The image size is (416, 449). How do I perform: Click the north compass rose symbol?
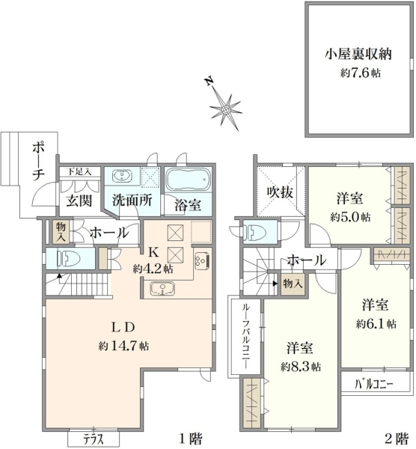(224, 109)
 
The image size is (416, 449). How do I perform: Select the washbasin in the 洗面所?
(122, 176)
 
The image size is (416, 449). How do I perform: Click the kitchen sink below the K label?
(162, 288)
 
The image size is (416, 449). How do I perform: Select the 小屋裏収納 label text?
(358, 54)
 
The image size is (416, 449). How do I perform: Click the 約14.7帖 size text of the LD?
(123, 346)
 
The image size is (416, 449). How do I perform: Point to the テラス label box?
(94, 439)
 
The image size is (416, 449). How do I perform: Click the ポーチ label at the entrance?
(38, 162)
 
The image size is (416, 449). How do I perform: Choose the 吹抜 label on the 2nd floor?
(280, 192)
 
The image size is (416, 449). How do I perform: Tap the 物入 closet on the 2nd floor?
(293, 284)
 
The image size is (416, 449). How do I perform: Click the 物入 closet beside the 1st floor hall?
(61, 232)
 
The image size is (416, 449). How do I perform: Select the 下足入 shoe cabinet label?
(79, 172)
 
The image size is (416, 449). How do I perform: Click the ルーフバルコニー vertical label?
(246, 336)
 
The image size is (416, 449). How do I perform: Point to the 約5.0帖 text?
(350, 217)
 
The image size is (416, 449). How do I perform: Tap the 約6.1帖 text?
(376, 324)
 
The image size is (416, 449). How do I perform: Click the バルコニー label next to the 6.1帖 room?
(374, 384)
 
